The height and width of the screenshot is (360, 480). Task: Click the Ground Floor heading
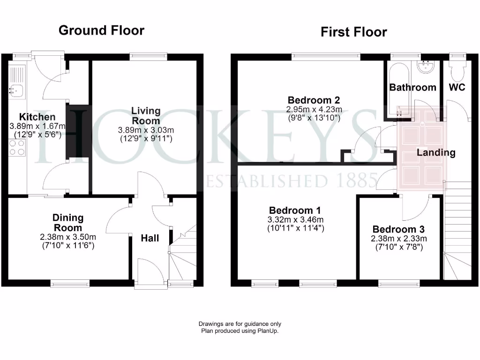[101, 30]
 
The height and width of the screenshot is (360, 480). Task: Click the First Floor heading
[353, 32]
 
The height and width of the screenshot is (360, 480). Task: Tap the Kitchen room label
[37, 117]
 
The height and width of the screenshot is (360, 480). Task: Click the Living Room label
[146, 116]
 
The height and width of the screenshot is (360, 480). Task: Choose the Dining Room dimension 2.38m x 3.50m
[68, 237]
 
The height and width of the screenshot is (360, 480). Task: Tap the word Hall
[150, 238]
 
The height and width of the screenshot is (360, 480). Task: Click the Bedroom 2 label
[314, 100]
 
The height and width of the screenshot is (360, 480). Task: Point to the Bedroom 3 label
[398, 229]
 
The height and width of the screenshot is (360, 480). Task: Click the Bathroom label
[412, 87]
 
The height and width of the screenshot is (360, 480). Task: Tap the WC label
[457, 87]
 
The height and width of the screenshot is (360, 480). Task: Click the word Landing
[436, 152]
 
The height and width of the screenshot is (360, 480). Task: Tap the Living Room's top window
[148, 56]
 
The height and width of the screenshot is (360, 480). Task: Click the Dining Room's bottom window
[70, 283]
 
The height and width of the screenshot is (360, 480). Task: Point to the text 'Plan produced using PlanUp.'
[240, 330]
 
